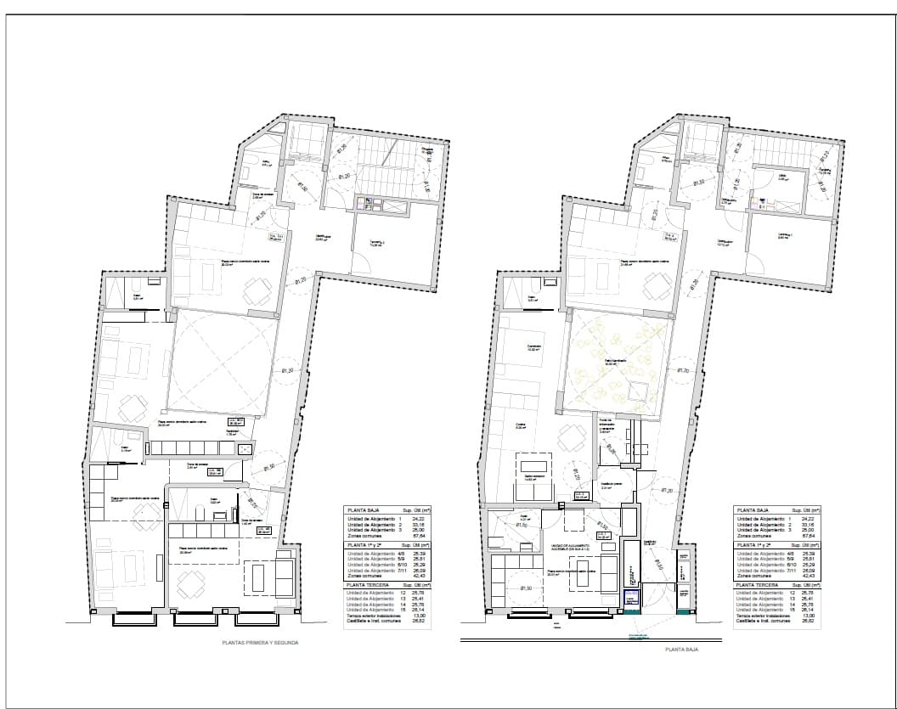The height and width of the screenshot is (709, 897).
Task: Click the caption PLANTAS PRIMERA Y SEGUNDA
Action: pyautogui.click(x=261, y=644)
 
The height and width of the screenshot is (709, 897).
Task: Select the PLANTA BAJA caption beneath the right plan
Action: pyautogui.click(x=681, y=648)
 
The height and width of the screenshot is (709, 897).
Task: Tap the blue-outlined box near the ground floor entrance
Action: pyautogui.click(x=631, y=599)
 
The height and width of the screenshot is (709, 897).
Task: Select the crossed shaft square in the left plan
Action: pyautogui.click(x=246, y=447)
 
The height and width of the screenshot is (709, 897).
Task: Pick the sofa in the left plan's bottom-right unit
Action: pyautogui.click(x=283, y=577)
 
